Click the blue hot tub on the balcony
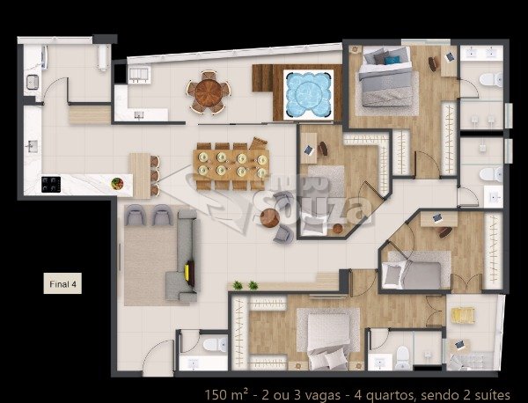point(308,94)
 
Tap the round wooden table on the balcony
point(209,92)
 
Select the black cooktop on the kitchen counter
point(51,185)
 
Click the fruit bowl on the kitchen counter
point(117,184)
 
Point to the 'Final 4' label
point(62,284)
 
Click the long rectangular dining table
point(231,165)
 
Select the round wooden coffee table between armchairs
point(270,218)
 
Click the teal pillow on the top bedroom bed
point(392,60)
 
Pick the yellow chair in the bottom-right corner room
point(463,316)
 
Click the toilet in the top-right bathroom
point(491,80)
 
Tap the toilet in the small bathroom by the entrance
point(215,345)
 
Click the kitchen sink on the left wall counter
point(32,146)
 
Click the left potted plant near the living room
point(238,285)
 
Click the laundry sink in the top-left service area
point(33,82)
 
